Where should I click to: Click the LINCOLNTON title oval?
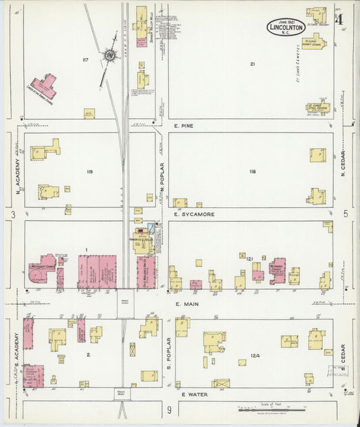286,27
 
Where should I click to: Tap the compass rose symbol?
109,56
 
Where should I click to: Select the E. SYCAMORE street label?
195,214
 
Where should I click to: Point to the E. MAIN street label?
186,304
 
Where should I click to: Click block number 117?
84,60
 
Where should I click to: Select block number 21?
252,64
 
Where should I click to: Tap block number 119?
89,172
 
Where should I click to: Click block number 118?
252,172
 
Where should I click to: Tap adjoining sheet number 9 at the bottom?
170,409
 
